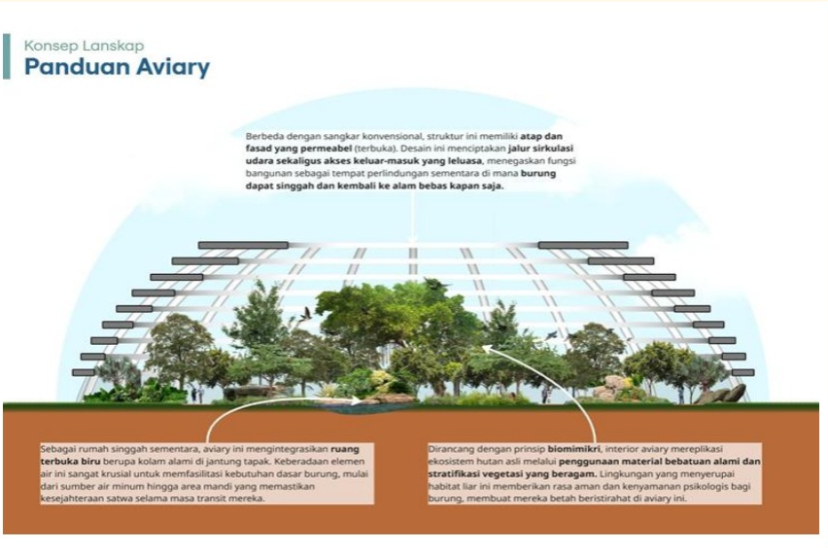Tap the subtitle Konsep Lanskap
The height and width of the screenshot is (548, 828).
coord(84,46)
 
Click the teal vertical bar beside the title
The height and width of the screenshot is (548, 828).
coord(7,56)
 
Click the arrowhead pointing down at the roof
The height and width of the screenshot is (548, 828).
coord(413,240)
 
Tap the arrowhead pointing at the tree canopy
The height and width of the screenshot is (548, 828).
coord(487,348)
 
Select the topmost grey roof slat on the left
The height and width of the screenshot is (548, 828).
coord(243,245)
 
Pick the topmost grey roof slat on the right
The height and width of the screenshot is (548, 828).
coord(583,245)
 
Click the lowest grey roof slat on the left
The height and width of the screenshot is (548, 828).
coord(83,373)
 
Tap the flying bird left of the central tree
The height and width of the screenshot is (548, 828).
coord(305,315)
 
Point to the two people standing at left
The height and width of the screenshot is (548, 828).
coord(197,394)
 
